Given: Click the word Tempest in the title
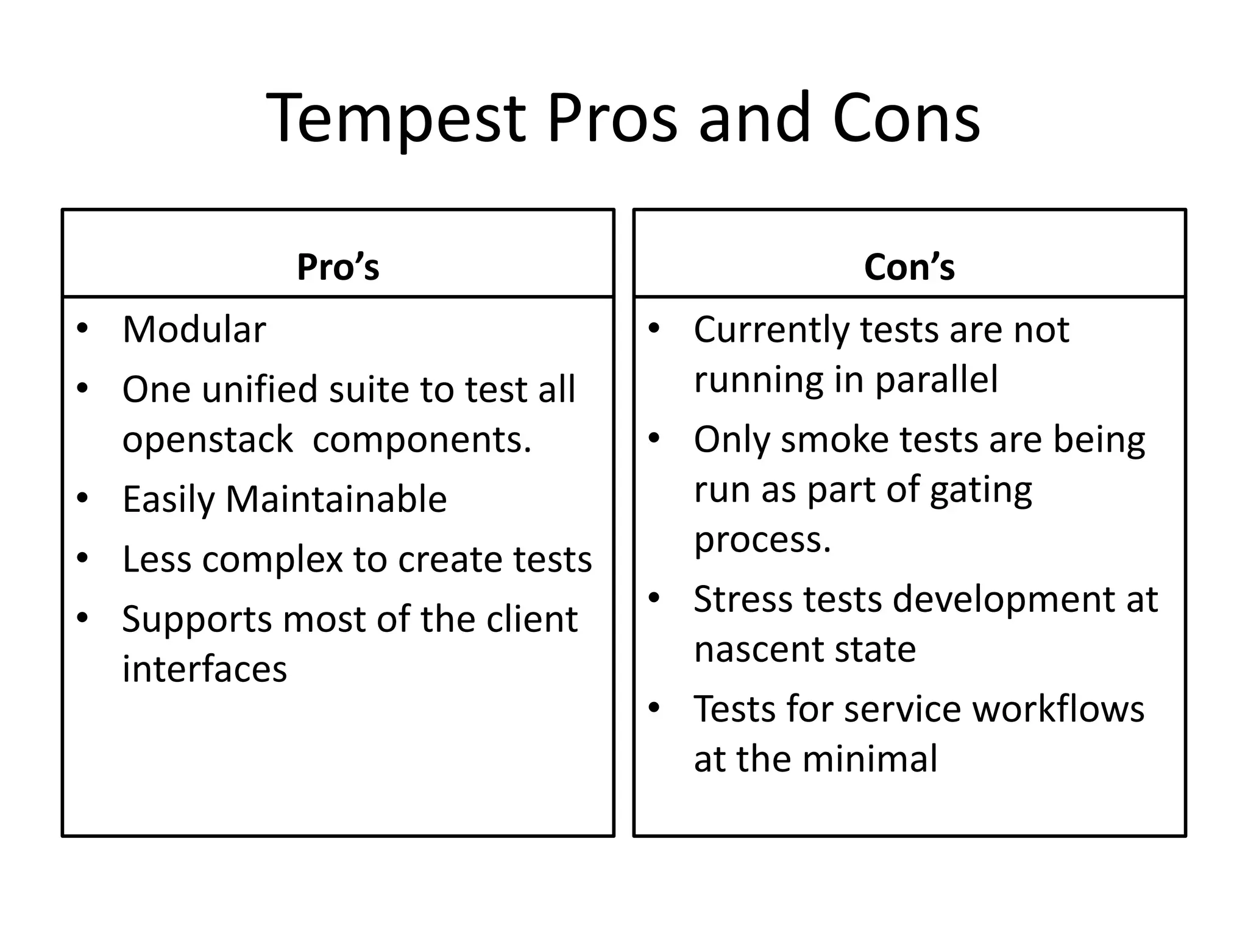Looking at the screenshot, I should pyautogui.click(x=395, y=119).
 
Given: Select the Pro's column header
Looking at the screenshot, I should pyautogui.click(x=338, y=267).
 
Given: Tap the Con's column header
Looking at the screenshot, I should pyautogui.click(x=909, y=267).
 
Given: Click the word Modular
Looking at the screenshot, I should pyautogui.click(x=194, y=330).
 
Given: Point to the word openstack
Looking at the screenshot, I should pyautogui.click(x=207, y=439).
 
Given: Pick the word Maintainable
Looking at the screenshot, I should pyautogui.click(x=336, y=499).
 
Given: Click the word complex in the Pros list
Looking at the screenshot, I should pyautogui.click(x=272, y=559).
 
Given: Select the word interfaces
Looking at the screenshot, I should pyautogui.click(x=204, y=668).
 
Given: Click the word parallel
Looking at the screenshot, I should pyautogui.click(x=937, y=380).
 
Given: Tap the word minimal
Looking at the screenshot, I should pyautogui.click(x=870, y=759).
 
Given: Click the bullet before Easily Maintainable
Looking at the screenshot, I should pyautogui.click(x=83, y=498).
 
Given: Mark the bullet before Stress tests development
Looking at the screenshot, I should pyautogui.click(x=654, y=598).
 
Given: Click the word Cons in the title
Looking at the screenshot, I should pyautogui.click(x=906, y=119).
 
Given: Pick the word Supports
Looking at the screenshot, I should pyautogui.click(x=196, y=620).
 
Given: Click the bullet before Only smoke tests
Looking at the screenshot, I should pyautogui.click(x=654, y=439).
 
